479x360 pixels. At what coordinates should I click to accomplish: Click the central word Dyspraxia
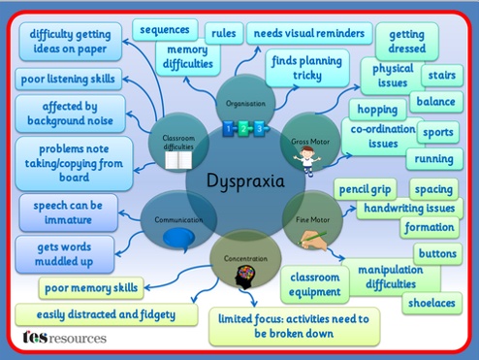tap(245, 180)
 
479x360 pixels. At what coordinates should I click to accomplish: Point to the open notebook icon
tap(178, 160)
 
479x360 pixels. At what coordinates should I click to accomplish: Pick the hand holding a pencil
tap(313, 241)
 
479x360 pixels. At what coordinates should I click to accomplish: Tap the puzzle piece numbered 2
tap(243, 129)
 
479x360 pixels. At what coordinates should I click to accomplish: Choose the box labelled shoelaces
tap(431, 303)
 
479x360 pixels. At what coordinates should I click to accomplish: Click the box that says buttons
tap(437, 253)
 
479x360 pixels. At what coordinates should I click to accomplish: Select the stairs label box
tap(442, 75)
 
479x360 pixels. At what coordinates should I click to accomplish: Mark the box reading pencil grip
tap(365, 189)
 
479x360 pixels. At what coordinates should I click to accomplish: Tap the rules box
tap(224, 33)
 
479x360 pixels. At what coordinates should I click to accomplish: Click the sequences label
tap(165, 30)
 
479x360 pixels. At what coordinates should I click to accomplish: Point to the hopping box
tap(377, 110)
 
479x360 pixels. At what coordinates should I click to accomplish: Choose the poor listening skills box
tap(68, 79)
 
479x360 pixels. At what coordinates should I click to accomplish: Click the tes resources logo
tap(64, 338)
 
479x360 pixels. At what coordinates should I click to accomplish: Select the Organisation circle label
tap(245, 104)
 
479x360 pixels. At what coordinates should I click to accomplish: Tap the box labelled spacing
tap(433, 189)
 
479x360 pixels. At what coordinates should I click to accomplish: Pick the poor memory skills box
tap(91, 288)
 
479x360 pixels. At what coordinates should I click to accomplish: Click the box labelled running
tap(434, 159)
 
